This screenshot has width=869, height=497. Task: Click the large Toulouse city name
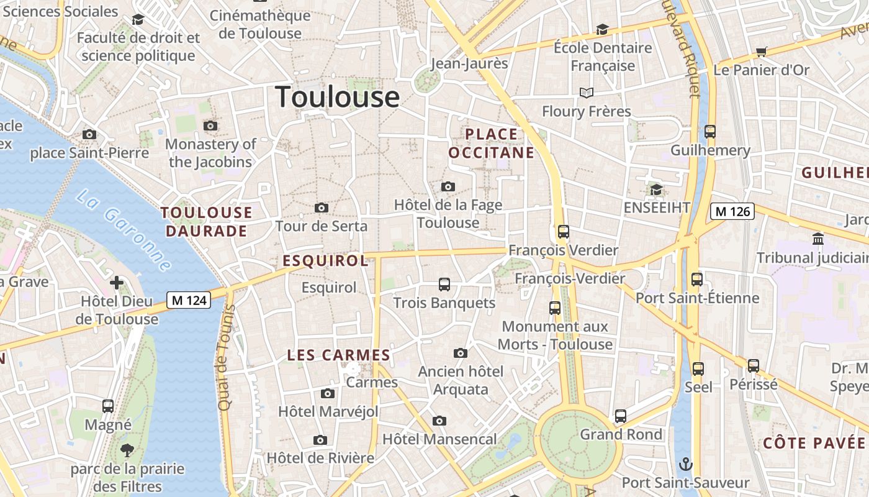click(x=337, y=97)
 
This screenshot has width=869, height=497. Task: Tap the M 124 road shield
click(x=189, y=301)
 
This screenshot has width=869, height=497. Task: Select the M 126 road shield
click(x=732, y=211)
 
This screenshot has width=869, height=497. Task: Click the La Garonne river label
click(x=124, y=230)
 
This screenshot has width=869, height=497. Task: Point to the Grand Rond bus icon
click(x=620, y=416)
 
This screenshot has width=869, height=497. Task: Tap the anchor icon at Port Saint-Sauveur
click(x=686, y=464)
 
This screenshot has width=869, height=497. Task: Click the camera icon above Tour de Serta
click(x=322, y=207)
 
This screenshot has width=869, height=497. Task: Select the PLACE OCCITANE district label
click(x=491, y=144)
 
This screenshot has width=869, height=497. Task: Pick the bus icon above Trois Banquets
click(x=444, y=285)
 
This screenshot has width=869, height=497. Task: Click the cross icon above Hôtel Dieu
click(x=116, y=283)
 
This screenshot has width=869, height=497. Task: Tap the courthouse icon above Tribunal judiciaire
click(x=818, y=239)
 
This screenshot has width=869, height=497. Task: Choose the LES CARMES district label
click(x=338, y=355)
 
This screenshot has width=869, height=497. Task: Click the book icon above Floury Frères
click(x=587, y=93)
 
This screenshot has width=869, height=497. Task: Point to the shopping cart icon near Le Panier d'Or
click(x=762, y=52)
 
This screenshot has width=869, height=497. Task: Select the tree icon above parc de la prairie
click(x=127, y=450)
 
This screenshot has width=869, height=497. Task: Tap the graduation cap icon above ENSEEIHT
click(x=656, y=189)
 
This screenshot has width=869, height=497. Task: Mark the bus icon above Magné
click(x=108, y=406)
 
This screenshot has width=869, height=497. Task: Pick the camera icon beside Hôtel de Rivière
click(x=320, y=440)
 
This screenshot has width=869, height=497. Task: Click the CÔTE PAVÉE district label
click(x=813, y=443)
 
